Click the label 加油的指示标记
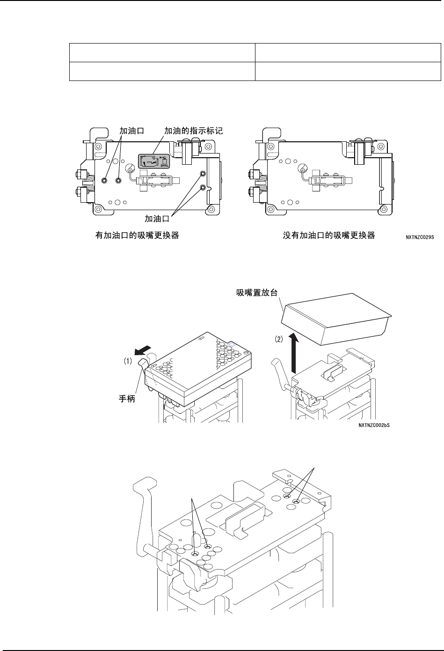click(x=193, y=132)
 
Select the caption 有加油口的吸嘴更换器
click(x=137, y=236)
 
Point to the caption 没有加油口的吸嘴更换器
click(x=329, y=236)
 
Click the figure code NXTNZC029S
click(x=419, y=237)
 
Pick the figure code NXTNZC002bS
click(x=374, y=425)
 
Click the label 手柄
click(x=126, y=401)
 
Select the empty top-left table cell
click(x=162, y=52)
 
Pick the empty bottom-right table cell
click(x=348, y=71)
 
